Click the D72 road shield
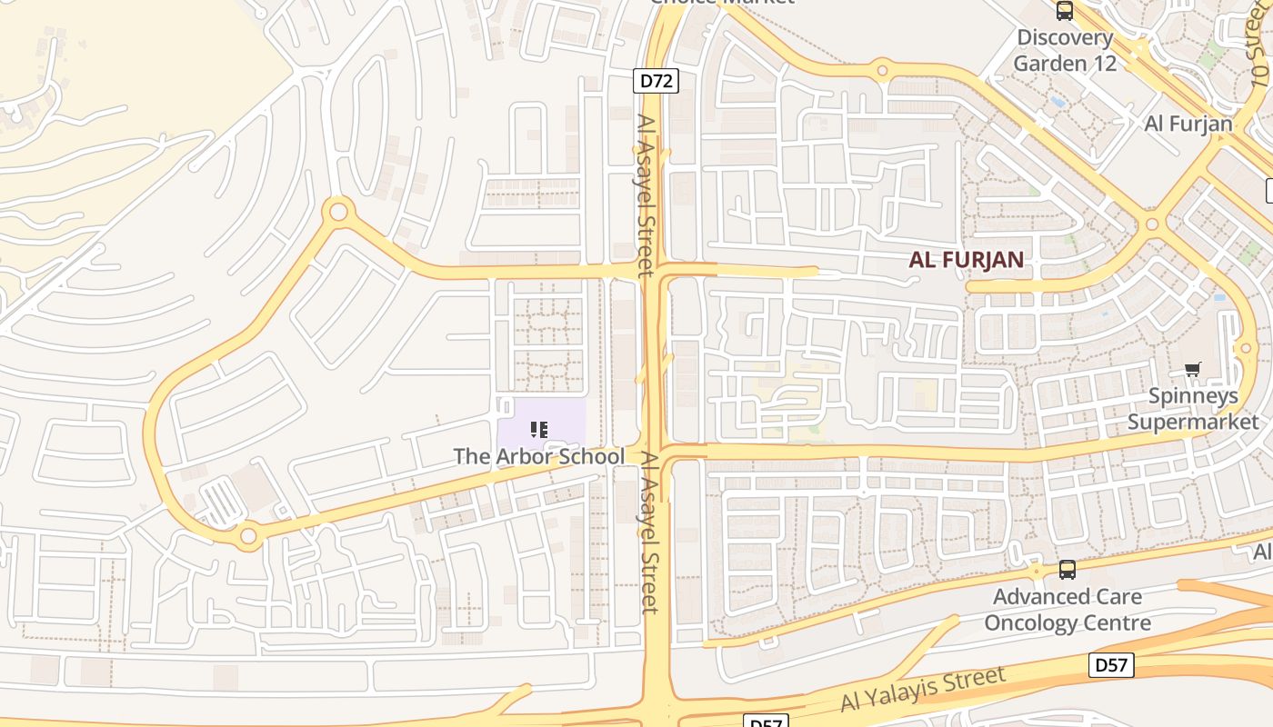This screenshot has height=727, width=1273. tap(656, 81)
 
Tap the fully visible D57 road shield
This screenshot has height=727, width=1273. tap(1110, 665)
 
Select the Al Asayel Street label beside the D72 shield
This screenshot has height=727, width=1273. tap(645, 194)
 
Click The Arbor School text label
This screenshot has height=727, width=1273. tap(538, 456)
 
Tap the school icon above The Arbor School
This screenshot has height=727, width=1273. tap(539, 429)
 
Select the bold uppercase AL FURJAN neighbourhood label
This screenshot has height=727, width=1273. tap(966, 260)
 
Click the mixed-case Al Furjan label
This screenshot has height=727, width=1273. tap(1188, 124)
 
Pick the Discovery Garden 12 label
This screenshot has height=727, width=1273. tap(1064, 50)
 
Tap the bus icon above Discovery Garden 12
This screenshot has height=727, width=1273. tap(1064, 11)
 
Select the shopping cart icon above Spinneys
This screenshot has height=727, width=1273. tap(1192, 369)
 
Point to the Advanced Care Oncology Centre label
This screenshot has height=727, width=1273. tap(1068, 610)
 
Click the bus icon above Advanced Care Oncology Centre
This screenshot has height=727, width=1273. tap(1067, 570)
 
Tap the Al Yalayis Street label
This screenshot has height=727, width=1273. tap(922, 690)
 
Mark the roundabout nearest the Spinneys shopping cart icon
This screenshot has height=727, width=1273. tap(1246, 348)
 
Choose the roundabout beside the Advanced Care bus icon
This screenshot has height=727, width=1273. tap(1037, 571)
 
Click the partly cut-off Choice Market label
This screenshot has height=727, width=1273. tap(722, 3)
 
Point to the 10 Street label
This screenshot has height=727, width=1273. tap(1258, 45)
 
